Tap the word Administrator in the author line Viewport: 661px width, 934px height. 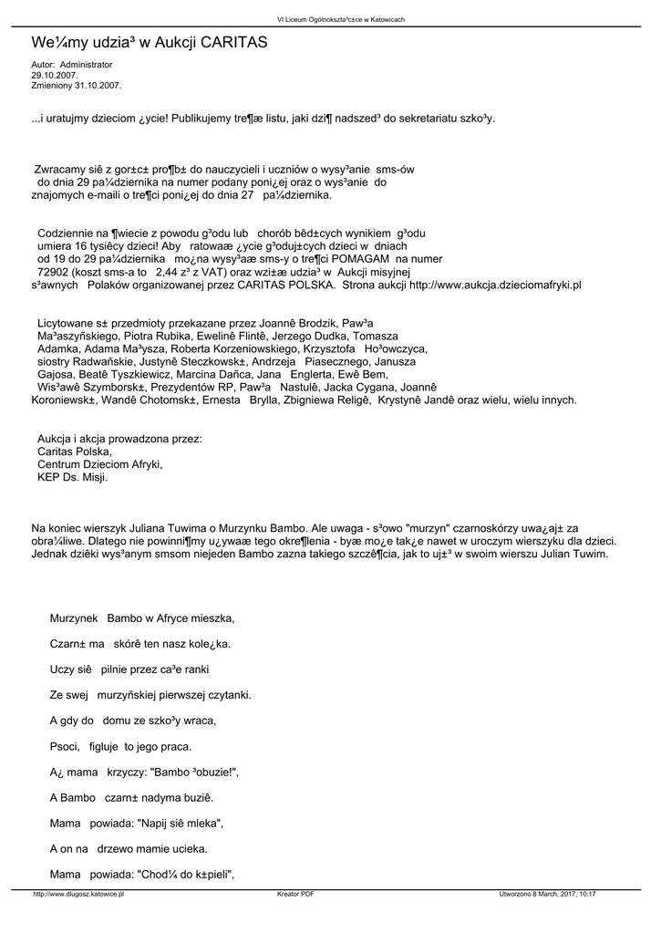pos(86,65)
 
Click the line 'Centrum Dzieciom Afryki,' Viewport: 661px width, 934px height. pos(99,464)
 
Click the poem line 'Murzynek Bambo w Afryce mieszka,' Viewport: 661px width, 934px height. pos(142,618)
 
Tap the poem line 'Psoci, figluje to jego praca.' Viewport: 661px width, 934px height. pos(120,746)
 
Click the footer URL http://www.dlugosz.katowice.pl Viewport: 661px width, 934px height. pos(77,895)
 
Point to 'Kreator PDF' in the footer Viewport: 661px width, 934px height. pos(295,895)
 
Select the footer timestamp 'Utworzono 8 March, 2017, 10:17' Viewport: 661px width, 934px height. pos(547,895)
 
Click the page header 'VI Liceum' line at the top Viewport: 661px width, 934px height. pos(328,19)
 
